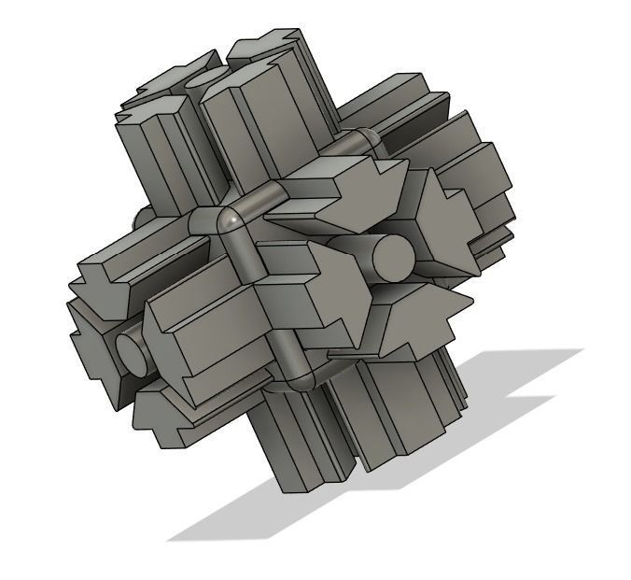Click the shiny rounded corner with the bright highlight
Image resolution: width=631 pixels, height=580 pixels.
click(x=230, y=220)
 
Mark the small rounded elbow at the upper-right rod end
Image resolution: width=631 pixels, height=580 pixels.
click(x=370, y=140)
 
